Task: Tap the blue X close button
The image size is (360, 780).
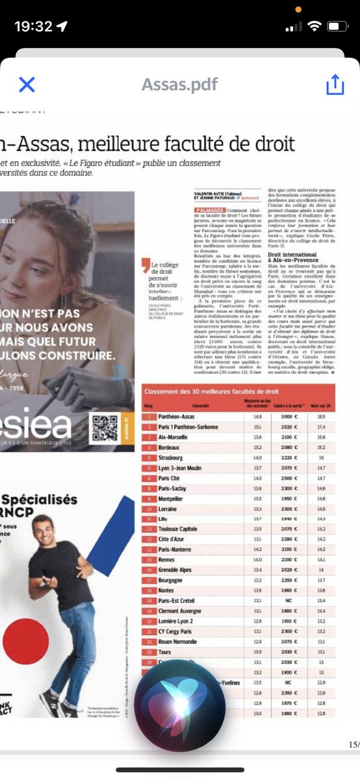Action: click(x=27, y=84)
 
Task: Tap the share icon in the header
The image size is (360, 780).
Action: click(x=333, y=84)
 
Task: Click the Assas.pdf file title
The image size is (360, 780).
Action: click(x=180, y=84)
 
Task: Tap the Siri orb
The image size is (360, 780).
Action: click(x=180, y=705)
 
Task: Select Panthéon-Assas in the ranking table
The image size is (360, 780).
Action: click(x=177, y=416)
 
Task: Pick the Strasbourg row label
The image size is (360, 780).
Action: click(x=170, y=458)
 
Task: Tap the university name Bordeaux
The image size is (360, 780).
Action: click(x=170, y=447)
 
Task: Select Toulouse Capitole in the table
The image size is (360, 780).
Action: click(x=177, y=530)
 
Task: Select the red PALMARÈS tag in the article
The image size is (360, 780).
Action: click(x=209, y=211)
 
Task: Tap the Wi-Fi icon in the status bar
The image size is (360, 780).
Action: click(x=315, y=27)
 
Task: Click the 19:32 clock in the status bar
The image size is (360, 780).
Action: click(x=33, y=27)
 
